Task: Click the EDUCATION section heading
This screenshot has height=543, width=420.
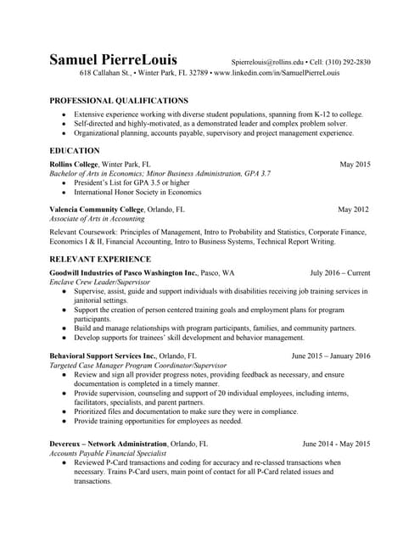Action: pos(76,149)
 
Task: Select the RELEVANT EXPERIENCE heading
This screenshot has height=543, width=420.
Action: pos(100,259)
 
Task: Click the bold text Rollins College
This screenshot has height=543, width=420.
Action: pos(74,163)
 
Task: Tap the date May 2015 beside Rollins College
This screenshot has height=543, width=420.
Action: pos(355,163)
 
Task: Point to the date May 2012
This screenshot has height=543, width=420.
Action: pos(353,209)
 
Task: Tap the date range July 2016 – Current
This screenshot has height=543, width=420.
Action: pos(339,272)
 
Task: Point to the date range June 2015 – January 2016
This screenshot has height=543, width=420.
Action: pos(330,355)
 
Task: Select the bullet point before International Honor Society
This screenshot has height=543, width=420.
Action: pos(64,193)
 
